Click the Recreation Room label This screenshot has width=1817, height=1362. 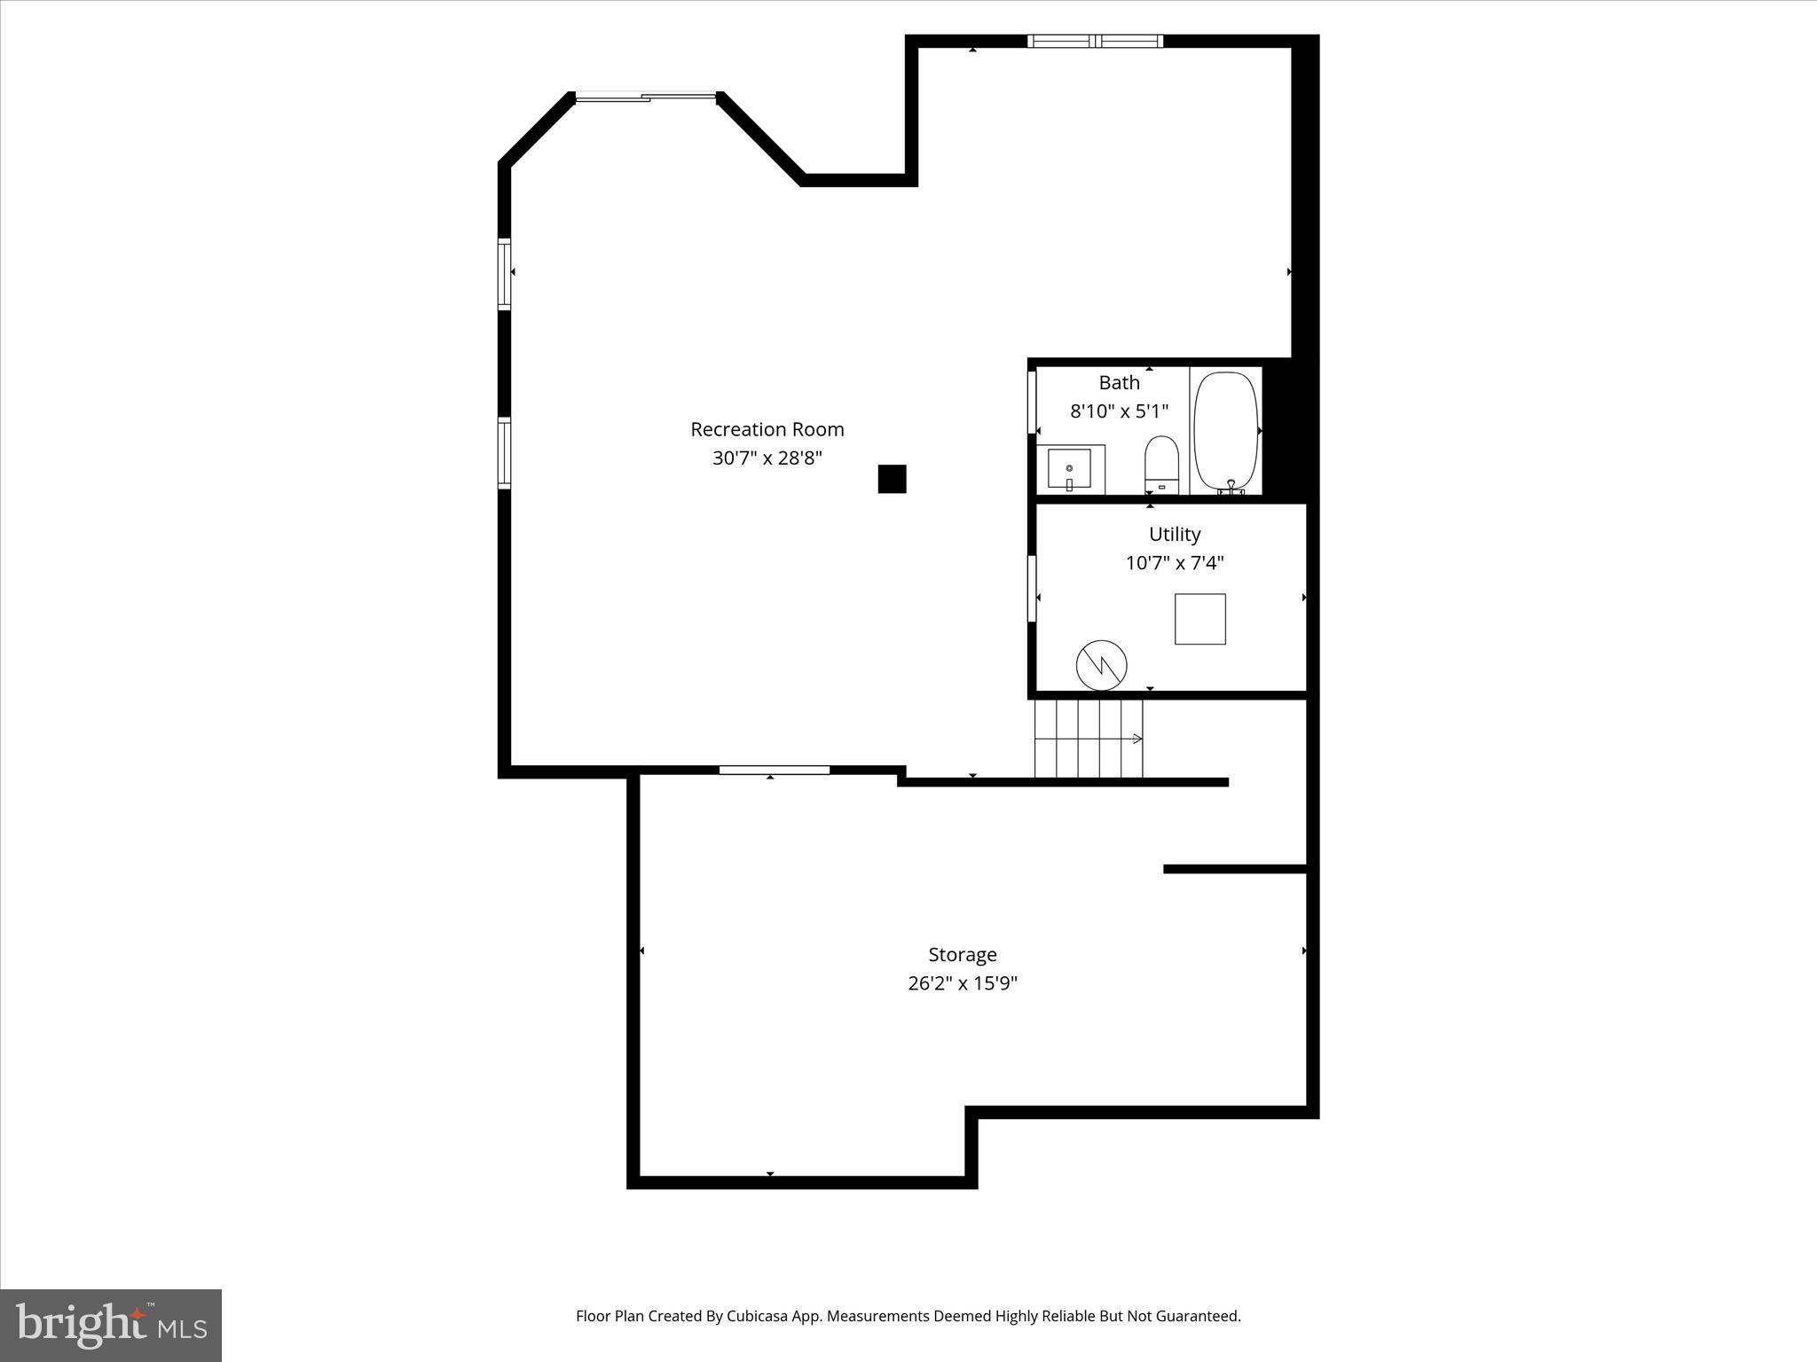[x=767, y=429]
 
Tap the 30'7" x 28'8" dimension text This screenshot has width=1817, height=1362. [x=767, y=458]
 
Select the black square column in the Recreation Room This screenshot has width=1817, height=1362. [x=892, y=479]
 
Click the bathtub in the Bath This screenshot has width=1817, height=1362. [x=1226, y=432]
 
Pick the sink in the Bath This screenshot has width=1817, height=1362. [x=1069, y=470]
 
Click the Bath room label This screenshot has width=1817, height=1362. [x=1119, y=383]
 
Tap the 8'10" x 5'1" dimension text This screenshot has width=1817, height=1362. [x=1119, y=411]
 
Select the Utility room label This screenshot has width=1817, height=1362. [x=1175, y=535]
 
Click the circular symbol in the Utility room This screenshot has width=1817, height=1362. [x=1101, y=665]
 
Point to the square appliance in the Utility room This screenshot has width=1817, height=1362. [x=1200, y=619]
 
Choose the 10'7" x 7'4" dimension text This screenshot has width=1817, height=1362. [x=1175, y=563]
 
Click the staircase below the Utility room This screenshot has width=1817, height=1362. [x=1089, y=739]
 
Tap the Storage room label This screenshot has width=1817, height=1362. [x=962, y=955]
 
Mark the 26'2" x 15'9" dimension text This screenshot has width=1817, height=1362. [x=962, y=983]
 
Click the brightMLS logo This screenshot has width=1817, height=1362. [x=111, y=1325]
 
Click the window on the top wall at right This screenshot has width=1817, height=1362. [x=1095, y=41]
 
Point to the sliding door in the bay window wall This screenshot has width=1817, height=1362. [x=646, y=98]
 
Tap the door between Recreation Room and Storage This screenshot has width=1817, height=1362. [x=774, y=770]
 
